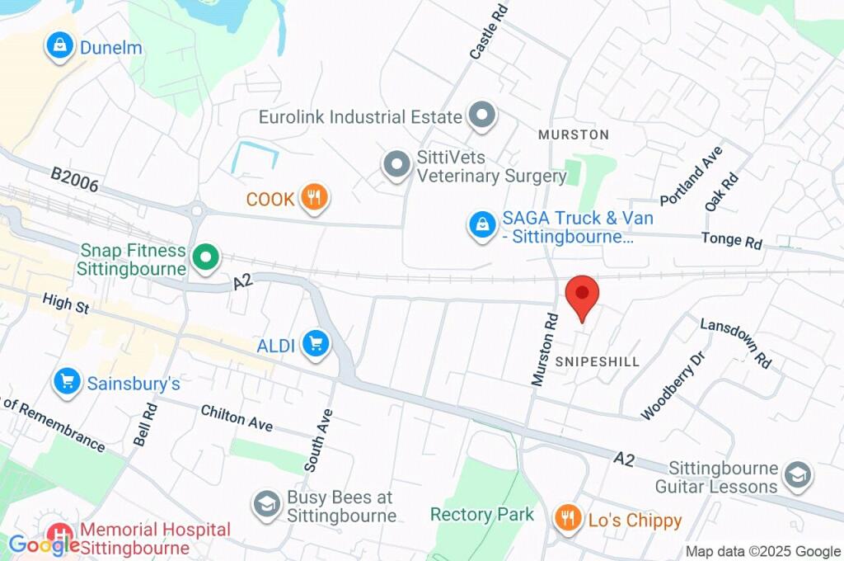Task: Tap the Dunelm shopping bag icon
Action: click(60, 47)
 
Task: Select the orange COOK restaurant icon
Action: click(314, 198)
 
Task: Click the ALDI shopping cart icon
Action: click(315, 346)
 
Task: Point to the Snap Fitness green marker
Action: click(204, 258)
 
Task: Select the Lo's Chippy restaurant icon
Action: click(565, 519)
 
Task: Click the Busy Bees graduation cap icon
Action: click(266, 505)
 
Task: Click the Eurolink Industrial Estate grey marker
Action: click(481, 116)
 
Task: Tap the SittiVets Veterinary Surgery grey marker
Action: click(397, 165)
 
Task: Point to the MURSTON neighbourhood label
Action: click(573, 134)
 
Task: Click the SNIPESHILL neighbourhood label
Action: click(597, 361)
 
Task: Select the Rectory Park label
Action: click(482, 515)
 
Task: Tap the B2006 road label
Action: click(74, 180)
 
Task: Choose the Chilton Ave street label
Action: click(237, 418)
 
